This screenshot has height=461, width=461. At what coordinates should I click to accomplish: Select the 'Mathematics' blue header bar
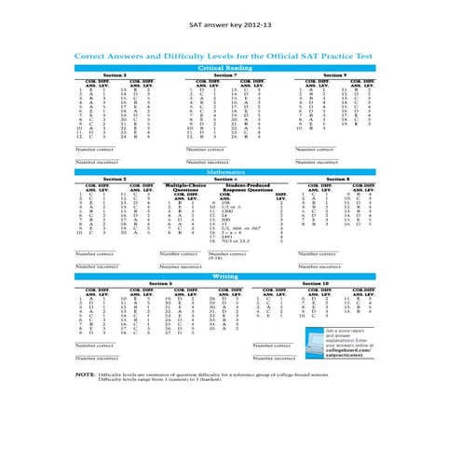click(x=230, y=172)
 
